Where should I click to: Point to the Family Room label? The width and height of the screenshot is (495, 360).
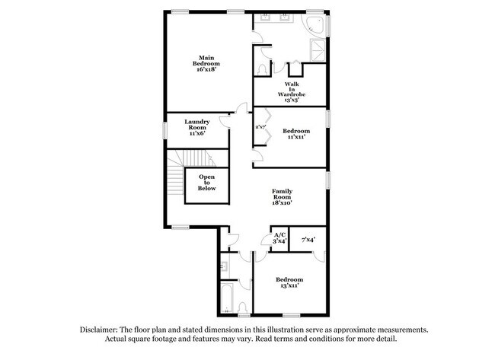[283, 197]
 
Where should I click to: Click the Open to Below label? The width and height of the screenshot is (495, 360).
[207, 183]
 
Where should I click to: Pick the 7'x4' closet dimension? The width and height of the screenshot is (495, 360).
[308, 240]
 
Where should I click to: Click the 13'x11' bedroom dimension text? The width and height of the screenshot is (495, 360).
[289, 285]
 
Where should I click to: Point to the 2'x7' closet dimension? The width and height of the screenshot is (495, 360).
[260, 127]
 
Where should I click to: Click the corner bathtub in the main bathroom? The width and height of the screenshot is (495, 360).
[316, 26]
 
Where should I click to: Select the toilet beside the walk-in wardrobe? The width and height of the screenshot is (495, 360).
[263, 68]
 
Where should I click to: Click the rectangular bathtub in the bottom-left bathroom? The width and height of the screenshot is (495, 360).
[228, 301]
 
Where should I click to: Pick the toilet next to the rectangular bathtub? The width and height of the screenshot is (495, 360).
[242, 308]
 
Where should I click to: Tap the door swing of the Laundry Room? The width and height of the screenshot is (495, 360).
[225, 119]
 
